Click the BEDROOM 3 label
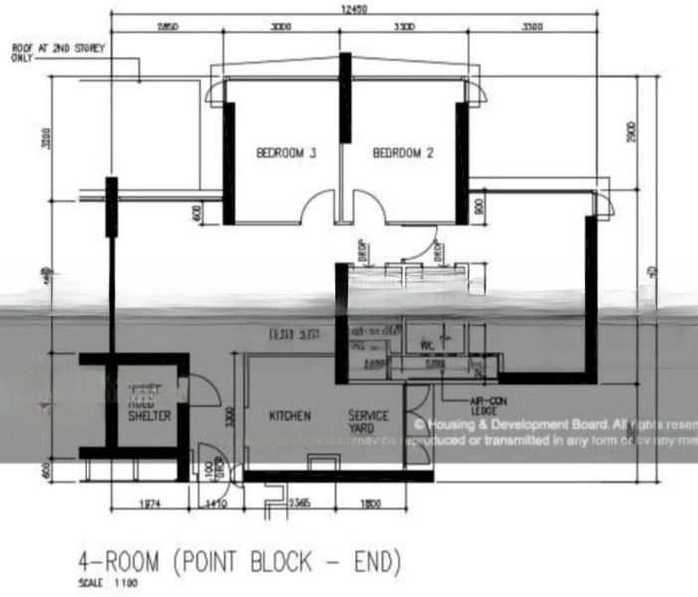tap(286, 153)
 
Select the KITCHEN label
tap(290, 415)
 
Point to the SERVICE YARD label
tap(368, 422)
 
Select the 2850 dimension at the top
tap(167, 28)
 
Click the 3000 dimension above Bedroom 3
tap(282, 28)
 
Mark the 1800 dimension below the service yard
tap(369, 504)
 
